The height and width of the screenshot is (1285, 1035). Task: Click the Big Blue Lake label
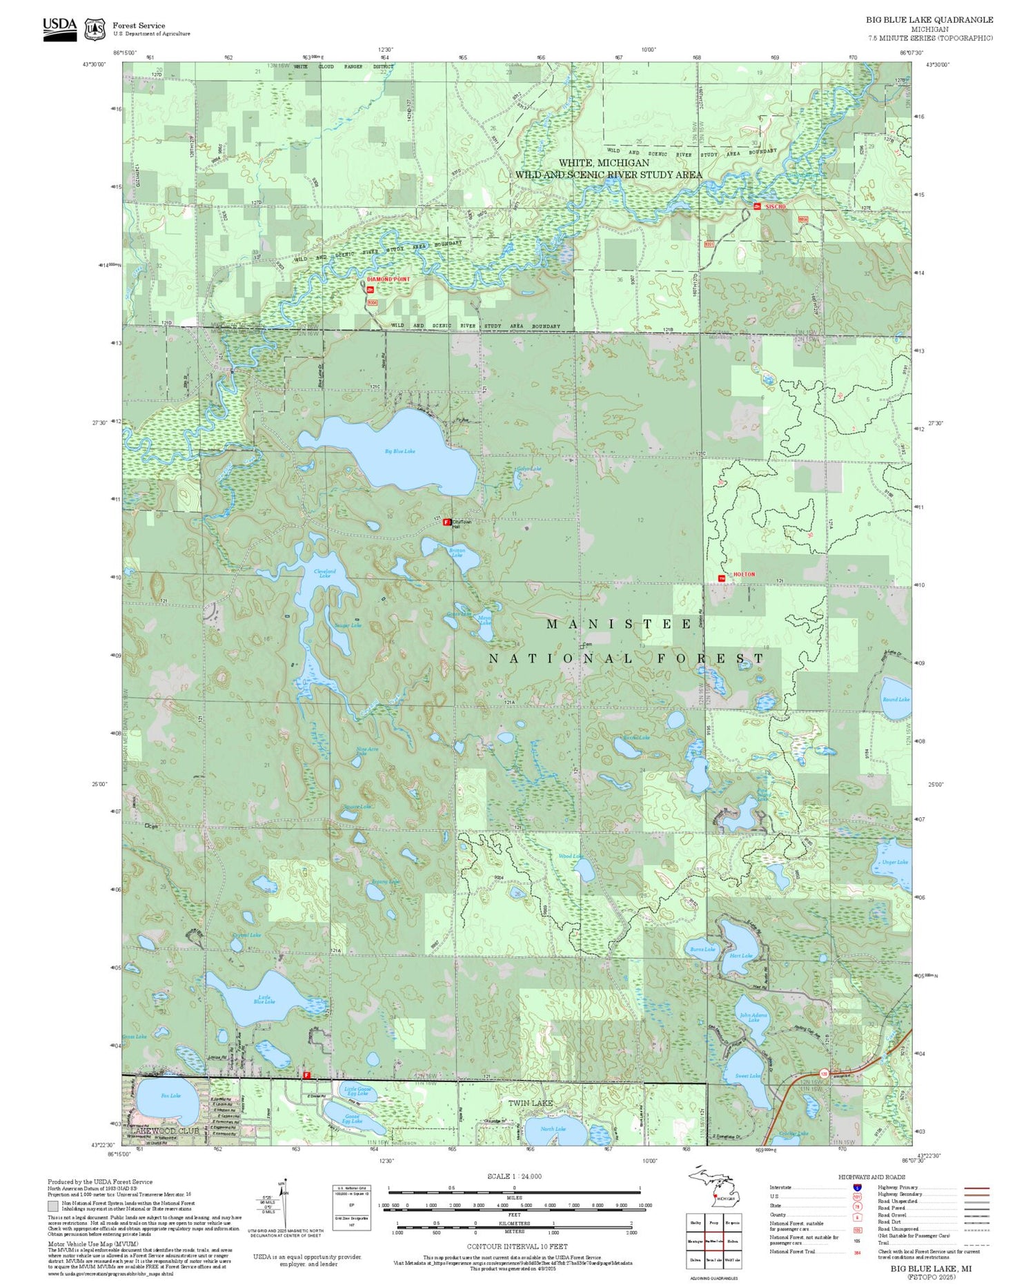click(400, 451)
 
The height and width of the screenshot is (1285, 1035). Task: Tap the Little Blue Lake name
click(266, 999)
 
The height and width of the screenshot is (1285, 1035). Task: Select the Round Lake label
click(896, 700)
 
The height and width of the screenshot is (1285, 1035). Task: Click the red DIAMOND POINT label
click(388, 279)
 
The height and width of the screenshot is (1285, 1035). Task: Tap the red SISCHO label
click(775, 207)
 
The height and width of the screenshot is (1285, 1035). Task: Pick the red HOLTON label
click(744, 574)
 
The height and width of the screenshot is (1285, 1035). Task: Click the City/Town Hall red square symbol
click(446, 522)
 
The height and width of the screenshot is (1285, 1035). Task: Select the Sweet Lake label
click(747, 1076)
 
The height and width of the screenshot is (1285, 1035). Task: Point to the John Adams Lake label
click(753, 1017)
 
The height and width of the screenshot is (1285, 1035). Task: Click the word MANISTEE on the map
click(619, 624)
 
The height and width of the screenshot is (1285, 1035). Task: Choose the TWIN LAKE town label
click(530, 1103)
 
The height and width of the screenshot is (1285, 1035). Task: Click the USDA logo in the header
click(60, 28)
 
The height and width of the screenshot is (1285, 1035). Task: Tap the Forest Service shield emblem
click(95, 29)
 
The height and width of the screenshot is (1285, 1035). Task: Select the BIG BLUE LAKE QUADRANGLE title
click(929, 20)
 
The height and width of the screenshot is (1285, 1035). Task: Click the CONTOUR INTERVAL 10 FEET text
click(517, 1246)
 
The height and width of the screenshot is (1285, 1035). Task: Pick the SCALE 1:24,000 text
click(514, 1176)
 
